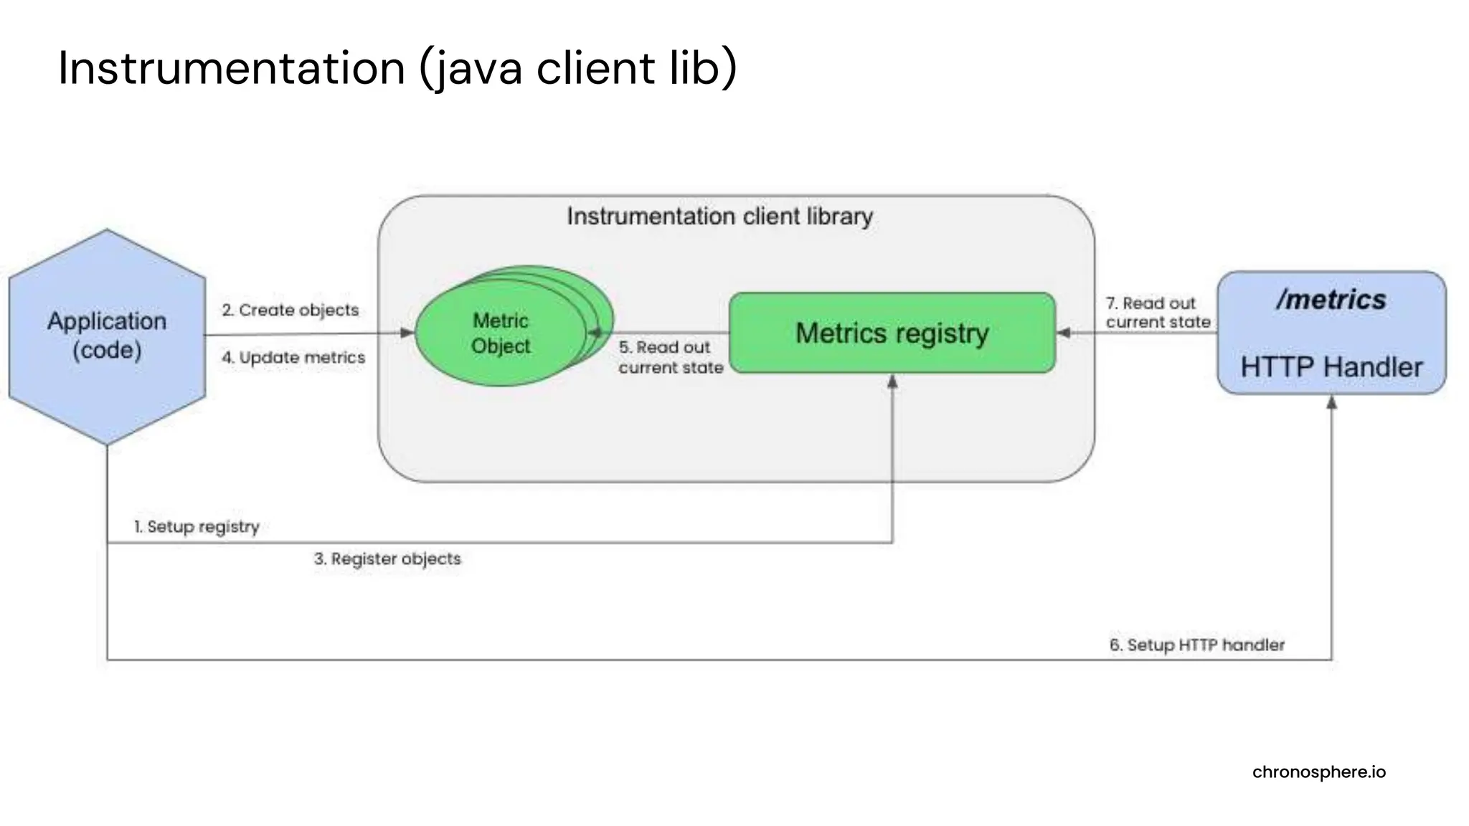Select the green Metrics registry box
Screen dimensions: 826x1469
point(892,333)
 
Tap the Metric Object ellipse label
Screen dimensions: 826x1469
point(501,333)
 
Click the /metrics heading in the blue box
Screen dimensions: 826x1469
point(1331,300)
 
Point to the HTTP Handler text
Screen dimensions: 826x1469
point(1331,367)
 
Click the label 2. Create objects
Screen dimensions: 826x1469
point(290,310)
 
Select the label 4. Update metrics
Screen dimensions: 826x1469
point(293,357)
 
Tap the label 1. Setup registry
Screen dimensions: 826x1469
point(197,526)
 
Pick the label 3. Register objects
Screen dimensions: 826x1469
point(387,559)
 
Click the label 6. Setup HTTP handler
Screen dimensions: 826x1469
point(1196,645)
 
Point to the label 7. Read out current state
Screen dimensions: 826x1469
point(1157,313)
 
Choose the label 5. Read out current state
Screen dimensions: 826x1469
point(670,357)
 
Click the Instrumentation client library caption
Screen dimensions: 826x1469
point(719,216)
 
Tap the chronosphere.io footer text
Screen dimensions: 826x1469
point(1318,772)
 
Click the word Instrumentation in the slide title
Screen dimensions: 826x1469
point(231,68)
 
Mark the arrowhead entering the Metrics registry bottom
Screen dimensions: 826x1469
point(892,382)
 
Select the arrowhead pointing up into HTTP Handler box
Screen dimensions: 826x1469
point(1331,403)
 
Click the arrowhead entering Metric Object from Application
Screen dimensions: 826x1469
point(407,333)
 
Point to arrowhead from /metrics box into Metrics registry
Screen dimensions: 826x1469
point(1064,333)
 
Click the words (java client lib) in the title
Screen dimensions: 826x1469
point(577,68)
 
